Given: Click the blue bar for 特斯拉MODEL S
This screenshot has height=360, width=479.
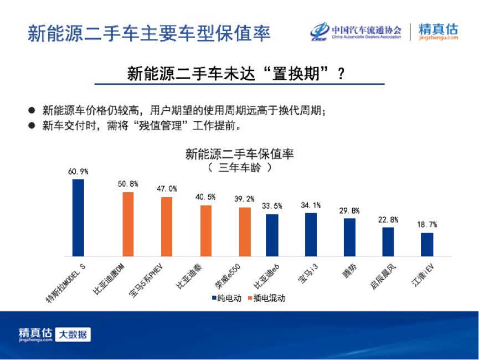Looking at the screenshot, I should pos(78,218).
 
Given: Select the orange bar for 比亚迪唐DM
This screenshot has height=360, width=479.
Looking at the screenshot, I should pos(128,224).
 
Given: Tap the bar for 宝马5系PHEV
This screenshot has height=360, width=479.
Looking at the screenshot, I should pos(167,227).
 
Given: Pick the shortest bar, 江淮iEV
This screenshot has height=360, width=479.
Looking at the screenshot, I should pos(427,244).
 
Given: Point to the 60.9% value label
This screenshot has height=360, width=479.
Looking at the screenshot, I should pos(78,172).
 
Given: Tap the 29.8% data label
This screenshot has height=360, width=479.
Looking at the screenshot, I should pos(349,210).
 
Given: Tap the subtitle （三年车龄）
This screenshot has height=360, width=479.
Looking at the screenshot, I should pos(239,167).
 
